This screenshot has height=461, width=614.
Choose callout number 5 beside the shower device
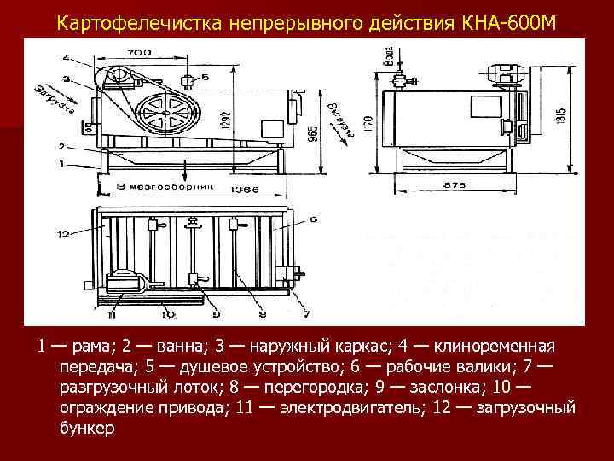(x=206, y=78)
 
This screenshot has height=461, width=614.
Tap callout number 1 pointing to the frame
(x=61, y=162)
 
